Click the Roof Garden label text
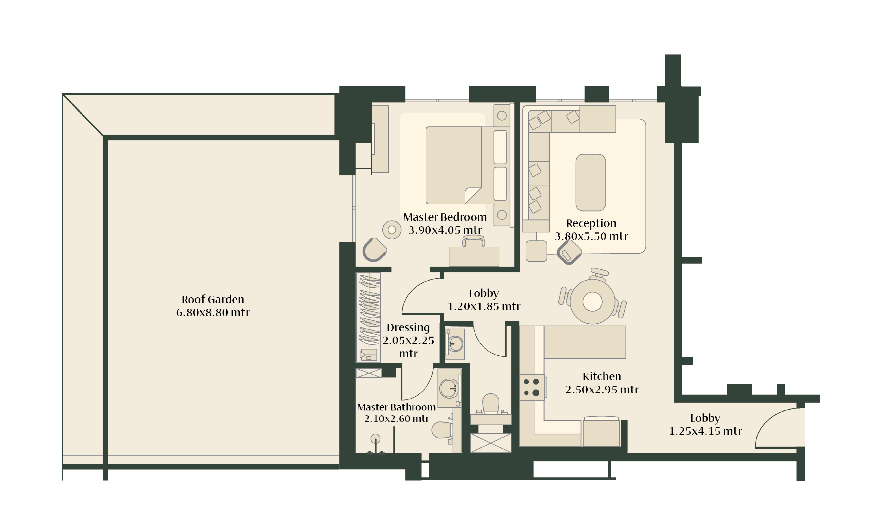(213, 299)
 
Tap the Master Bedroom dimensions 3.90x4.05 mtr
(445, 230)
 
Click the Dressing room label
(408, 328)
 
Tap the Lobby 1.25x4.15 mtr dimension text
(705, 431)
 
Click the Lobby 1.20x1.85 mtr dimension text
(484, 306)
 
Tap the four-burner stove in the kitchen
(531, 387)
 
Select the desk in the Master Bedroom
(474, 256)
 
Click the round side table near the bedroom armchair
(392, 230)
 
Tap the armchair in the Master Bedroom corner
(374, 250)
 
